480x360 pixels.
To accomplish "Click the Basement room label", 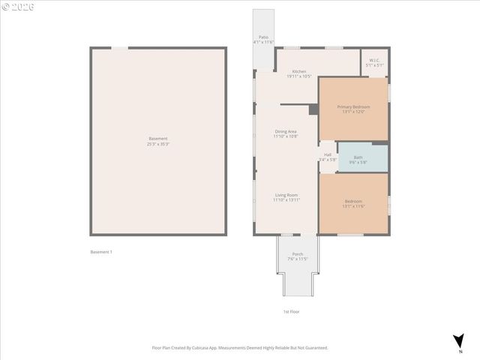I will click(x=158, y=138).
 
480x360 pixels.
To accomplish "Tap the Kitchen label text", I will click(x=298, y=71).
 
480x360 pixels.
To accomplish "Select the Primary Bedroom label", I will click(x=353, y=107).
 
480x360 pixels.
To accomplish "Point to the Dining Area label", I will click(x=286, y=131).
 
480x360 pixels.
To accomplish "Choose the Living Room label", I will click(x=286, y=195).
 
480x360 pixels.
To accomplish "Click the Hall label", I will click(x=328, y=154).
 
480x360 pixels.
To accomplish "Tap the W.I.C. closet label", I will click(x=375, y=61).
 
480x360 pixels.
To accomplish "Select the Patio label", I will click(x=263, y=37).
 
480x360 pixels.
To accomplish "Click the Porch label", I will click(x=298, y=254).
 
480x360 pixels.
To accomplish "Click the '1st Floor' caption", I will click(x=292, y=311).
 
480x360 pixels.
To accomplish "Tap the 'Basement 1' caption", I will click(x=101, y=252).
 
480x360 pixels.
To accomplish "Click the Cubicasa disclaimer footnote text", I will click(x=240, y=348).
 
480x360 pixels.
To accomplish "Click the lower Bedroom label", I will click(x=353, y=201).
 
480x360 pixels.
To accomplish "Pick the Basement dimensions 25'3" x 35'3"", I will click(x=158, y=143).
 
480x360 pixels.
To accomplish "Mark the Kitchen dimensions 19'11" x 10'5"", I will click(x=298, y=76).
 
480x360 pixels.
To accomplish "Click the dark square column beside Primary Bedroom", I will click(x=313, y=109).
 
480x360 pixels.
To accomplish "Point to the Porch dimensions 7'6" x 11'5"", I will click(x=298, y=259).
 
